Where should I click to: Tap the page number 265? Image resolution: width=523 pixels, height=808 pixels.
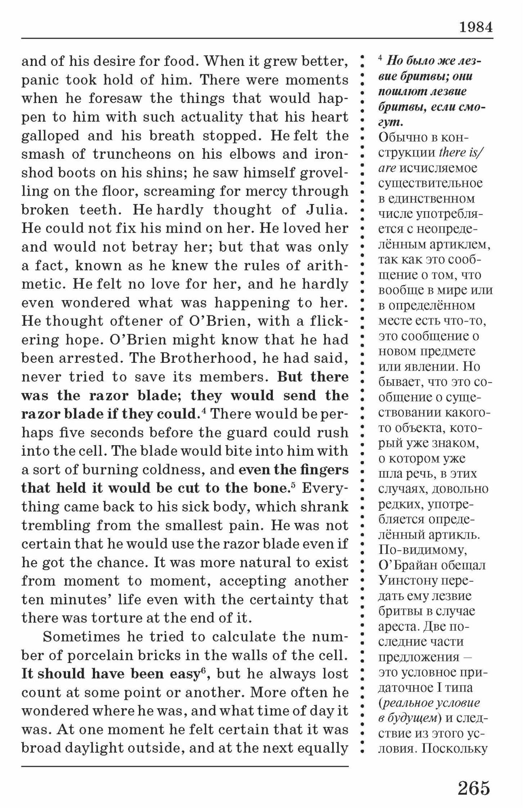474,788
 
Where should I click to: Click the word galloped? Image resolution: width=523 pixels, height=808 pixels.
50,135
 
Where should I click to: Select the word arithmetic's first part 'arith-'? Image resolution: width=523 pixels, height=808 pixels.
327,265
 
